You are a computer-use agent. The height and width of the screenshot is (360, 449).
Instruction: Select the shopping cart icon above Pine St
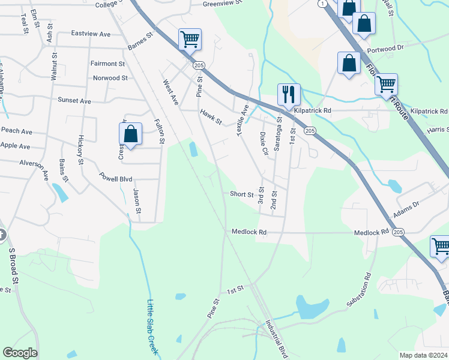(190, 40)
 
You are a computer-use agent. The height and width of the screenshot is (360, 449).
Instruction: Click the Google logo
(20, 353)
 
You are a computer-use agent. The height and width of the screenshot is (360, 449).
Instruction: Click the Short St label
(242, 194)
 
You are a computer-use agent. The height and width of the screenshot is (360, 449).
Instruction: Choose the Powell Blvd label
(116, 178)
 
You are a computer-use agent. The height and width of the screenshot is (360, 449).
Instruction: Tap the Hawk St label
(211, 116)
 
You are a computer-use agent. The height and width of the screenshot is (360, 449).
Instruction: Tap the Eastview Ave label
(91, 34)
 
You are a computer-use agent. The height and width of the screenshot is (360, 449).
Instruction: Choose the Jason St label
(137, 201)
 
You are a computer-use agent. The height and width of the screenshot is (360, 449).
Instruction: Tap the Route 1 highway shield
(322, 4)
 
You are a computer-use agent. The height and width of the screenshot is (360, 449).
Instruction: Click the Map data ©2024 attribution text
(423, 355)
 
